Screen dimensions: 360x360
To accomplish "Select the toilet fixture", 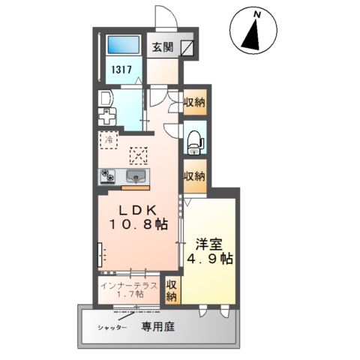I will click(x=195, y=138).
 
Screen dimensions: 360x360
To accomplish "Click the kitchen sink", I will click(x=137, y=176).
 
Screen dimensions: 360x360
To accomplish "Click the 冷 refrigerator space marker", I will click(x=109, y=139).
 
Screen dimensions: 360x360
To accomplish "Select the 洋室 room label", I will click(x=210, y=244).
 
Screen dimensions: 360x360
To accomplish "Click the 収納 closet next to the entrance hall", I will click(x=193, y=102).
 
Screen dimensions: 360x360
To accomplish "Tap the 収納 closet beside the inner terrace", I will click(x=172, y=290).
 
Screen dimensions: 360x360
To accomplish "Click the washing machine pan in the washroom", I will click(x=106, y=117).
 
